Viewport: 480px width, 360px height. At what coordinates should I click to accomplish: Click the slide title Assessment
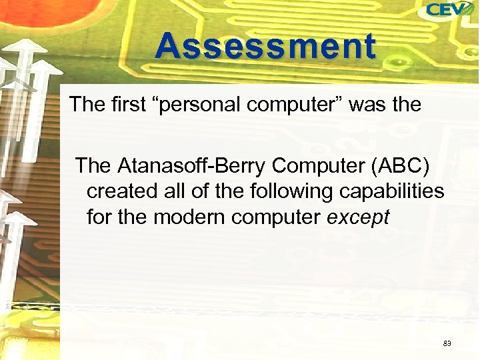265,47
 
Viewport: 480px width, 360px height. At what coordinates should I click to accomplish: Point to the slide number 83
447,343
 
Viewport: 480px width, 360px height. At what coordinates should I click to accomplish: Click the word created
122,191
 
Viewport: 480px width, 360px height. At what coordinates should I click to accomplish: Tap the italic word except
359,217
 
